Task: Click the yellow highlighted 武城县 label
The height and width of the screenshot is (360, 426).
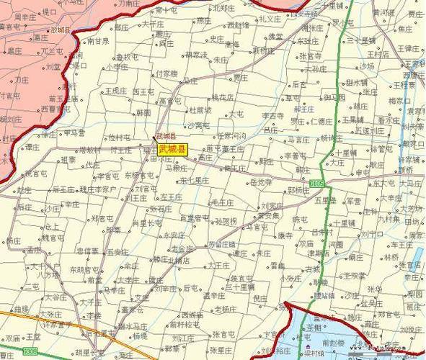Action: tap(172, 150)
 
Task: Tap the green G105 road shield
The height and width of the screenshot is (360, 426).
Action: tap(317, 185)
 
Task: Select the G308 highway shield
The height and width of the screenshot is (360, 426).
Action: tap(29, 351)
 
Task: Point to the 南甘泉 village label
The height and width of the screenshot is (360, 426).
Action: tap(97, 42)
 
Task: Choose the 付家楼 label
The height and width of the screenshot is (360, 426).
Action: tap(166, 73)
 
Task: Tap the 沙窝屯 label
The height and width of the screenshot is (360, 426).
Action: tap(198, 125)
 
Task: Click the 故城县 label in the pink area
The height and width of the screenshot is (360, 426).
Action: tap(62, 30)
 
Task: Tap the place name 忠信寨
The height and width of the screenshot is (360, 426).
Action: tap(87, 251)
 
